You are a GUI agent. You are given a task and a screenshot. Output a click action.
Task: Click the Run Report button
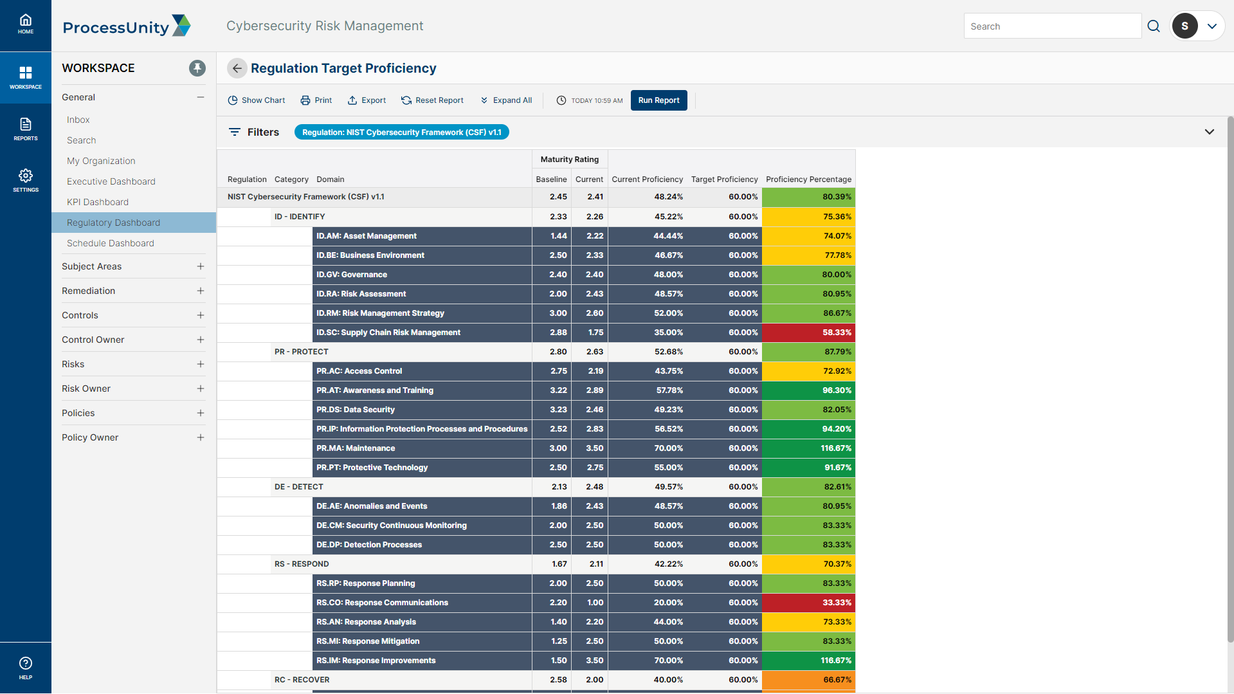[658, 100]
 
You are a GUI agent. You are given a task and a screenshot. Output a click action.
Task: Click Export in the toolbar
[367, 100]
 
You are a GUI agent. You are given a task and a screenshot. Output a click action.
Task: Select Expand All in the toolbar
[506, 100]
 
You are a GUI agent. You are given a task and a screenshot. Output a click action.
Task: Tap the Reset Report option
[432, 100]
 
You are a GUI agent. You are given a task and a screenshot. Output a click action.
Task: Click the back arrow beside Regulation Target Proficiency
[237, 68]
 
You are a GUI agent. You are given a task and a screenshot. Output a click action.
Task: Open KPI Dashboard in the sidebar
[98, 202]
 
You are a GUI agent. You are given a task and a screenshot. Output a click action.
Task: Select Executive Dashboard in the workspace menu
[111, 181]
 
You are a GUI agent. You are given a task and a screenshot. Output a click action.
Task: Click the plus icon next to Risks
[201, 364]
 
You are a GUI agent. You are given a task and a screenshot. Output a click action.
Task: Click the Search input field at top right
[1052, 26]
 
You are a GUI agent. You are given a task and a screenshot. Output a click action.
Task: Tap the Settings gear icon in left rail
[26, 176]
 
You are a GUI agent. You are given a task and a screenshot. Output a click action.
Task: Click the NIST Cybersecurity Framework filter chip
[401, 132]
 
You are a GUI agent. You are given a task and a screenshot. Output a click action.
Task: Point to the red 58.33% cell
[808, 333]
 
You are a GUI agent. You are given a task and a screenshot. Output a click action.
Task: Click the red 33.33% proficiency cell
[808, 603]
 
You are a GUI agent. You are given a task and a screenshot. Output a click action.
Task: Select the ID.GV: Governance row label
[352, 275]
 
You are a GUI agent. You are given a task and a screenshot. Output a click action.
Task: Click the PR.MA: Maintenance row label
[356, 448]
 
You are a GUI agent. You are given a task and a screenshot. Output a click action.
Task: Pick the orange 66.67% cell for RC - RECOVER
[808, 680]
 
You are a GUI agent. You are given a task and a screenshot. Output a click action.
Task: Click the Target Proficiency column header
[724, 179]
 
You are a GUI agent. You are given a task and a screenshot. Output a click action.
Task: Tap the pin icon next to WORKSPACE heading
[197, 68]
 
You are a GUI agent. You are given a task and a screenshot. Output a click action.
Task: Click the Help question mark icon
[26, 663]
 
